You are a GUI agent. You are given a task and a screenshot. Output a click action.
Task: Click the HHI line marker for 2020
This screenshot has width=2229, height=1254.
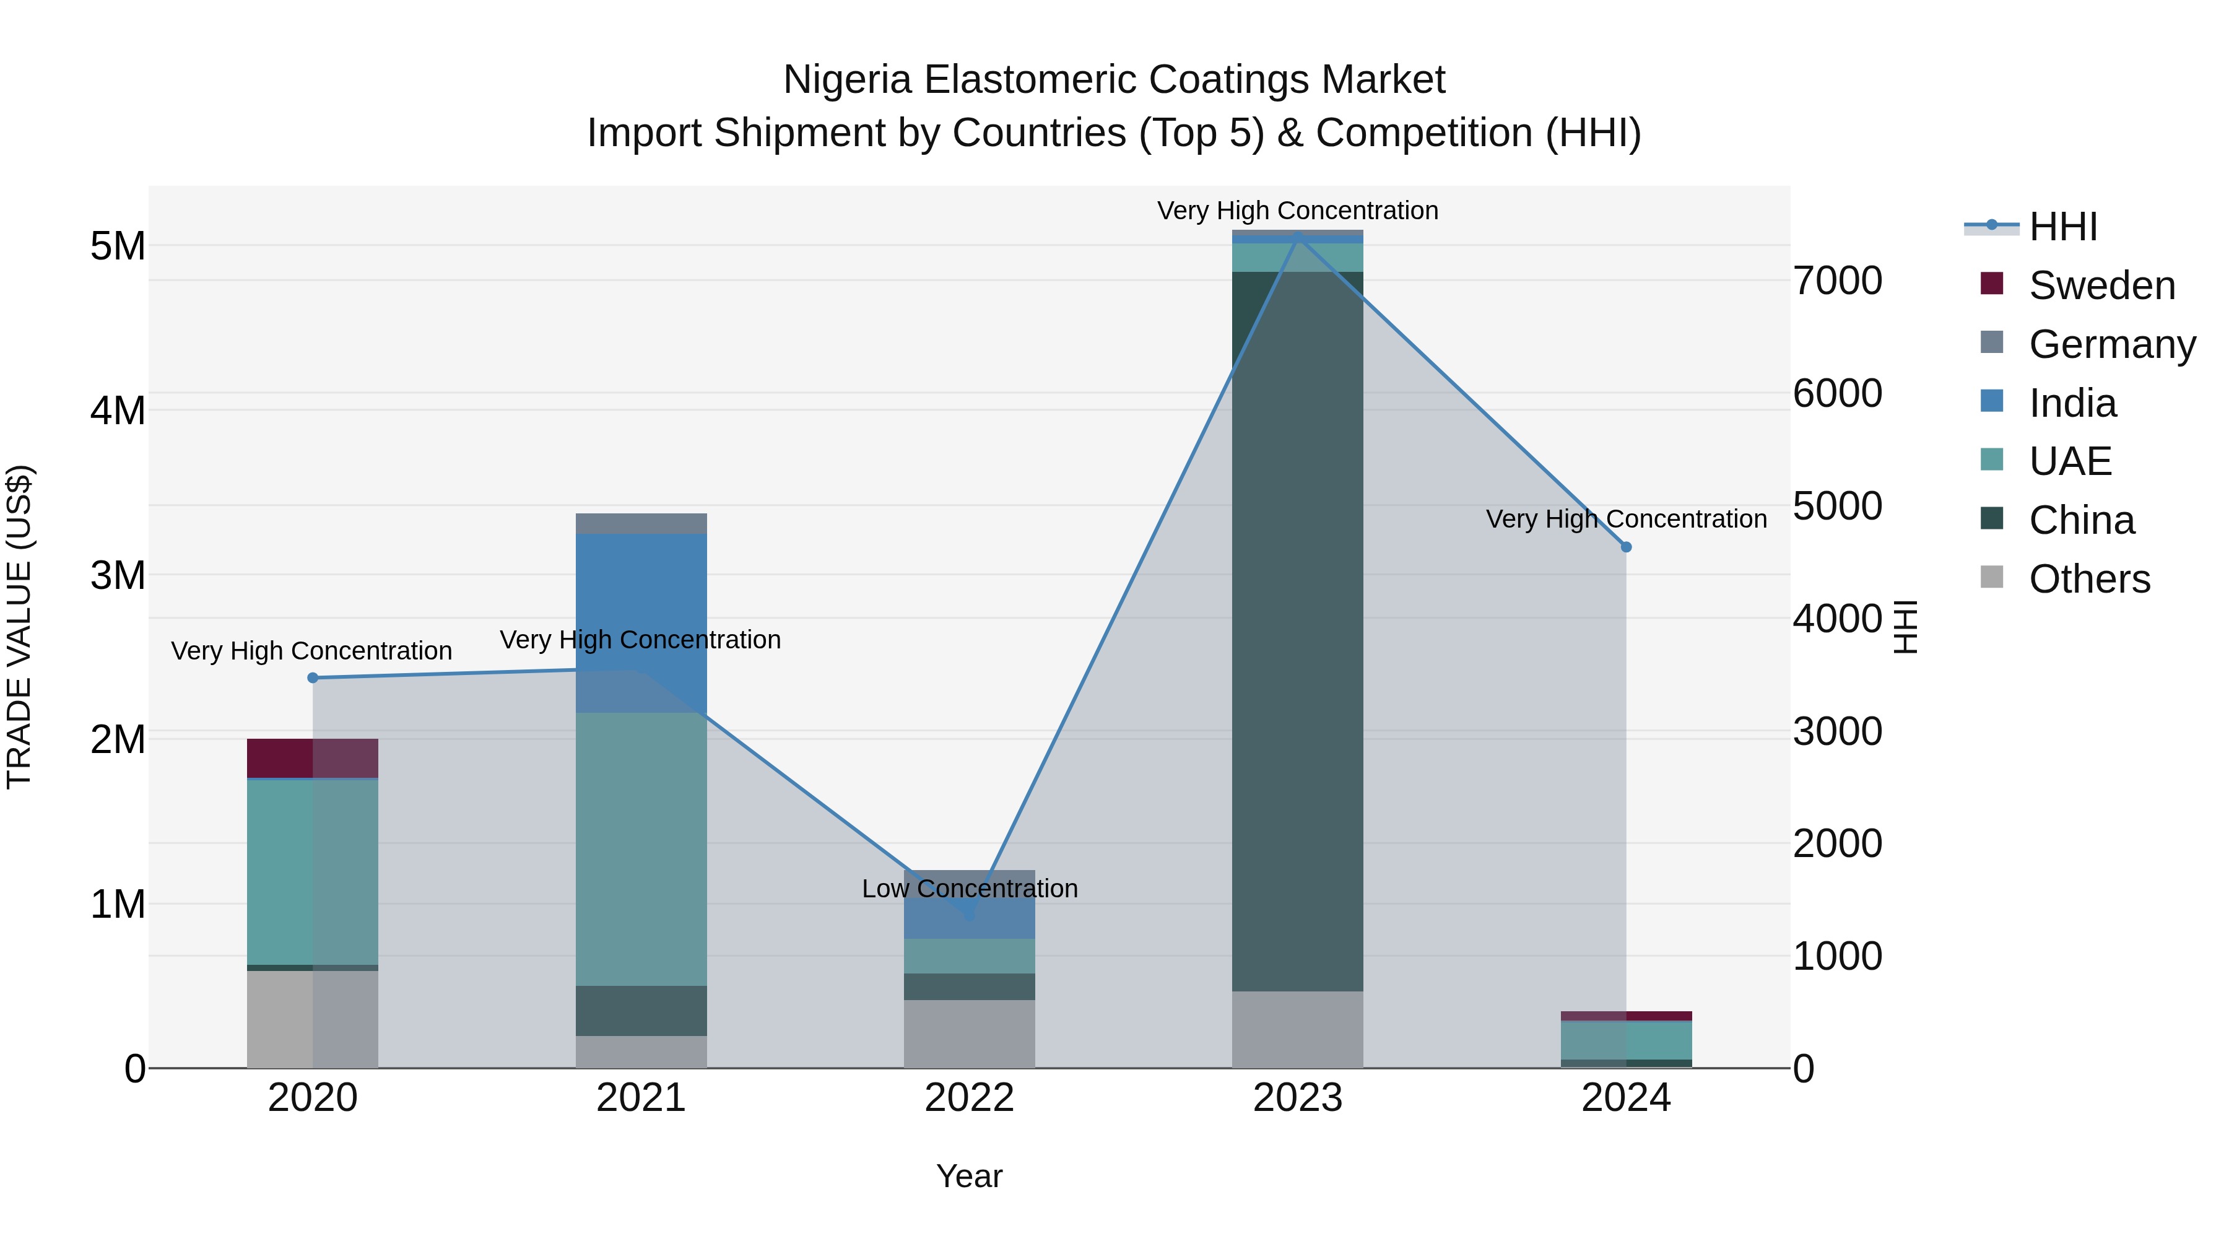pyautogui.click(x=313, y=677)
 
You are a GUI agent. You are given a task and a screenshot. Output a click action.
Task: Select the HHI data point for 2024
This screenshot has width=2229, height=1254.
pyautogui.click(x=1626, y=547)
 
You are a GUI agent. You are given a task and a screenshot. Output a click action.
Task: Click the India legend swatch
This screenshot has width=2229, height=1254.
pyautogui.click(x=1991, y=401)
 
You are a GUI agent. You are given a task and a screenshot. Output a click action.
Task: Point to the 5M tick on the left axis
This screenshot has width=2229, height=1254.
pyautogui.click(x=118, y=246)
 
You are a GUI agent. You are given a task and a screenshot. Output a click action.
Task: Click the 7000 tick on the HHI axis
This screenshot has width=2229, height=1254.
pyautogui.click(x=1837, y=281)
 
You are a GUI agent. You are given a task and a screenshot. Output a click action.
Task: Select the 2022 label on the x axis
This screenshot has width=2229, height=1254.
pyautogui.click(x=969, y=1098)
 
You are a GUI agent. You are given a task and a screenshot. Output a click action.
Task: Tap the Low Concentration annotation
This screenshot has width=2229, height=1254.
pyautogui.click(x=969, y=889)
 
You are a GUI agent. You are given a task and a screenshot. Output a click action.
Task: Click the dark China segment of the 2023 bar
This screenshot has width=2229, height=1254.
pyautogui.click(x=1297, y=632)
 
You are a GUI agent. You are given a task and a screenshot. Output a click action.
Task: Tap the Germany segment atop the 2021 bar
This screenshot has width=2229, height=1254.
pyautogui.click(x=641, y=523)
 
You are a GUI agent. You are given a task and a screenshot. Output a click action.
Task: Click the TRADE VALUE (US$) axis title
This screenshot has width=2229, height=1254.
pyautogui.click(x=19, y=627)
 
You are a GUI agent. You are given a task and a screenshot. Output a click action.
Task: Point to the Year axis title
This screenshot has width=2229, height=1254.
pyautogui.click(x=969, y=1176)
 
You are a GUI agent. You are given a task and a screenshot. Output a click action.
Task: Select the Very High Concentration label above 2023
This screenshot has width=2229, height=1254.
pyautogui.click(x=1297, y=211)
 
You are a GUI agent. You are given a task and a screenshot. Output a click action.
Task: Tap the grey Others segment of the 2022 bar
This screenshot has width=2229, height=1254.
pyautogui.click(x=969, y=1034)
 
